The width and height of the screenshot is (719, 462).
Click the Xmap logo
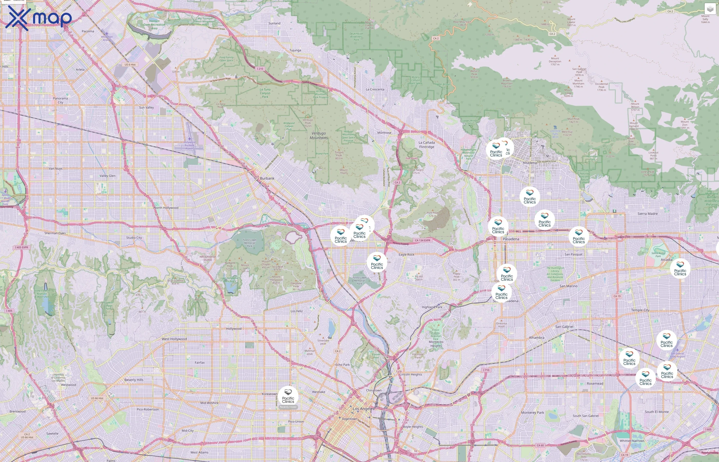tap(39, 18)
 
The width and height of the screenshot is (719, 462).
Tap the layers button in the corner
tap(710, 9)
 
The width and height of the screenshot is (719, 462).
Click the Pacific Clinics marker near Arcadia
tap(680, 269)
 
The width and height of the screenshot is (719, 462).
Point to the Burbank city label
tap(267, 178)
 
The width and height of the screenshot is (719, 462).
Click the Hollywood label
tap(234, 329)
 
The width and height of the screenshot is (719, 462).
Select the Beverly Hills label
tap(134, 380)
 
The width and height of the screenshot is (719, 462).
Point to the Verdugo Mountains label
tap(319, 136)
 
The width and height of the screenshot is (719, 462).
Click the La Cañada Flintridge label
tap(427, 145)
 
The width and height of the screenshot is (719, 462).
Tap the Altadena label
tap(530, 163)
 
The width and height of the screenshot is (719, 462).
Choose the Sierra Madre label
tap(648, 214)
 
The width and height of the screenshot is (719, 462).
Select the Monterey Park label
tap(533, 412)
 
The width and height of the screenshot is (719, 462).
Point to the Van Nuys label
tap(55, 169)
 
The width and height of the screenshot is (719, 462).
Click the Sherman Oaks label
tap(55, 233)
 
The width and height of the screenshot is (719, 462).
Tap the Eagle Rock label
tap(406, 255)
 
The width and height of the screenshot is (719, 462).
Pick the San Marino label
tap(568, 286)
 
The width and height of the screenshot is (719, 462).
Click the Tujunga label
tap(295, 50)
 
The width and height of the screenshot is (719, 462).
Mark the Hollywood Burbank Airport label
tap(189, 145)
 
